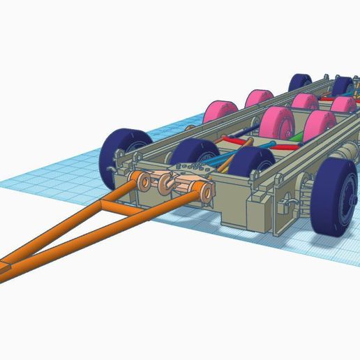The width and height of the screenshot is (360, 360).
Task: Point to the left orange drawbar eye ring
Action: [143, 183]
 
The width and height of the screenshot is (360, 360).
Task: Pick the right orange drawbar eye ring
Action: [204, 193]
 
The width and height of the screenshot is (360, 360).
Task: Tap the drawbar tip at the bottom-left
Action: [6, 271]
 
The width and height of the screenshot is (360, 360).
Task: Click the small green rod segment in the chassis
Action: [296, 136]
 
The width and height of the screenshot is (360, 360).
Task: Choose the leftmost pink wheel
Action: [216, 112]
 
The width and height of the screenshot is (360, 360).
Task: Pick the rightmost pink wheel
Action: [343, 105]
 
